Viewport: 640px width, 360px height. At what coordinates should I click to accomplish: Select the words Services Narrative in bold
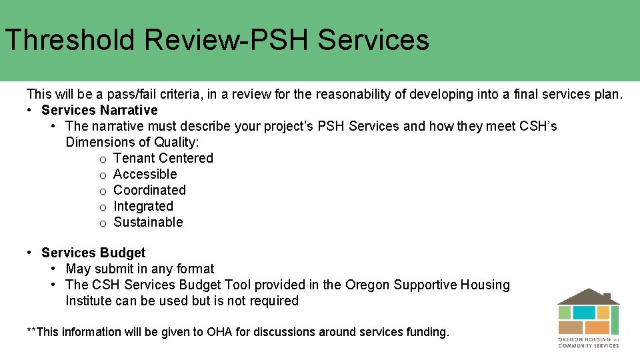99,110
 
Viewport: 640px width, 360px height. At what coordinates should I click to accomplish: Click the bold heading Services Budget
93,253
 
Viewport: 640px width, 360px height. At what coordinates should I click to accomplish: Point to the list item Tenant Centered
163,158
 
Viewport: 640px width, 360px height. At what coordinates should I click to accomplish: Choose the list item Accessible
145,174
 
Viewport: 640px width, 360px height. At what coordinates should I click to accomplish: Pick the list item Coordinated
150,190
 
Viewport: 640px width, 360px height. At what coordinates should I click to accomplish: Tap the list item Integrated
143,206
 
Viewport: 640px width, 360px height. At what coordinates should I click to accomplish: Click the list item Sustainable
148,222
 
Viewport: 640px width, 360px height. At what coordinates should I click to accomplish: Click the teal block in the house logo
584,313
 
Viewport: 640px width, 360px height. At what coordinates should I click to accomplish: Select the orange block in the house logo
597,327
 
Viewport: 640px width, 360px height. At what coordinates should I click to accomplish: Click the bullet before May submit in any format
53,269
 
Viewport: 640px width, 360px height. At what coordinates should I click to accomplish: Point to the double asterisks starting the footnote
32,331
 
